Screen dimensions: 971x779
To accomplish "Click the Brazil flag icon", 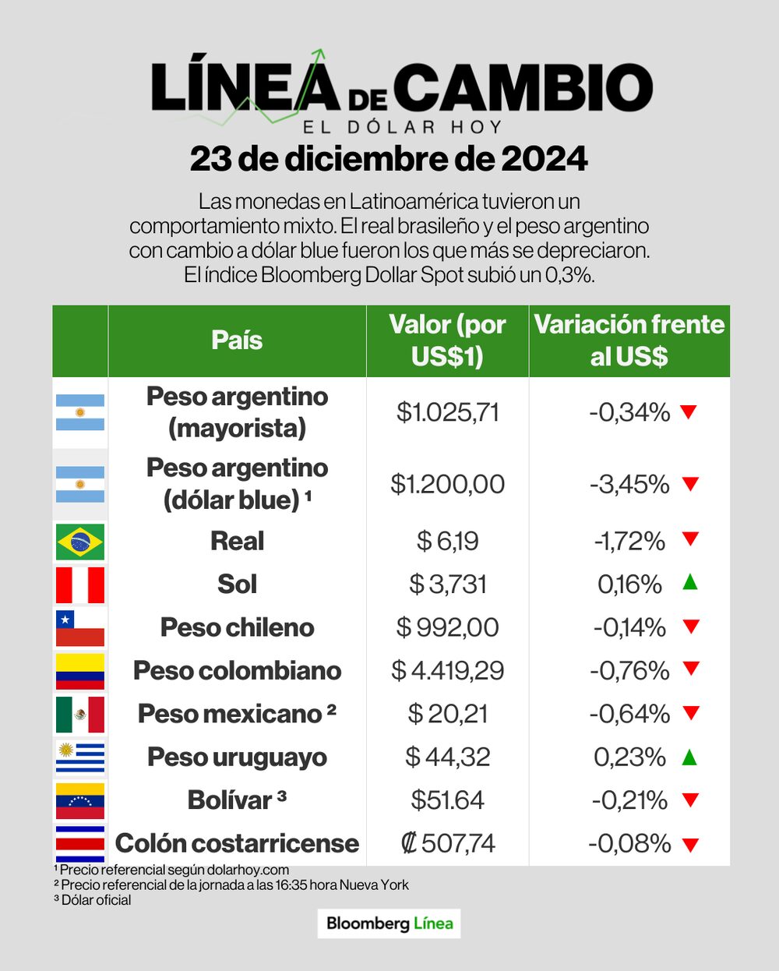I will click(79, 542).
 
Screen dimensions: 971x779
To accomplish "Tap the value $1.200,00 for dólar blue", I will click(447, 484).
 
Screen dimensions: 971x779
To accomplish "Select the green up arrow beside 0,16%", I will click(689, 581).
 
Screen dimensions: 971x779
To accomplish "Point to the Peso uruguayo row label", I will click(237, 757).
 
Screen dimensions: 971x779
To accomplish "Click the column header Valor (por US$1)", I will click(447, 341).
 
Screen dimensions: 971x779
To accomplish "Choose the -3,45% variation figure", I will click(629, 484).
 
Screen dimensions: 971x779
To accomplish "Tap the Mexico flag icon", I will click(79, 714).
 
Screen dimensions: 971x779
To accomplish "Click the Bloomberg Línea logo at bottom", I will click(389, 923).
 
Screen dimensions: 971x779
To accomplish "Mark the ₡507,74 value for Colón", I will click(447, 843).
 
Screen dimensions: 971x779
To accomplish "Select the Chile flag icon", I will click(79, 628).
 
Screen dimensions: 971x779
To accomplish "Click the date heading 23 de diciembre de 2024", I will click(389, 159).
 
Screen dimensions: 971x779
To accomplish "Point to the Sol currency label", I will click(237, 584).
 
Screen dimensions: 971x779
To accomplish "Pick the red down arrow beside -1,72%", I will click(689, 538).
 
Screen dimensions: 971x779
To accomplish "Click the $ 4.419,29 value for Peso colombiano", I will click(447, 670).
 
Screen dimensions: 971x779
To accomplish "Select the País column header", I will click(237, 341).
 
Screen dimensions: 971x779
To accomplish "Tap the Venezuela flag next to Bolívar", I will click(79, 800).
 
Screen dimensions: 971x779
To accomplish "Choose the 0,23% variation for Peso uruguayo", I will click(629, 757).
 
